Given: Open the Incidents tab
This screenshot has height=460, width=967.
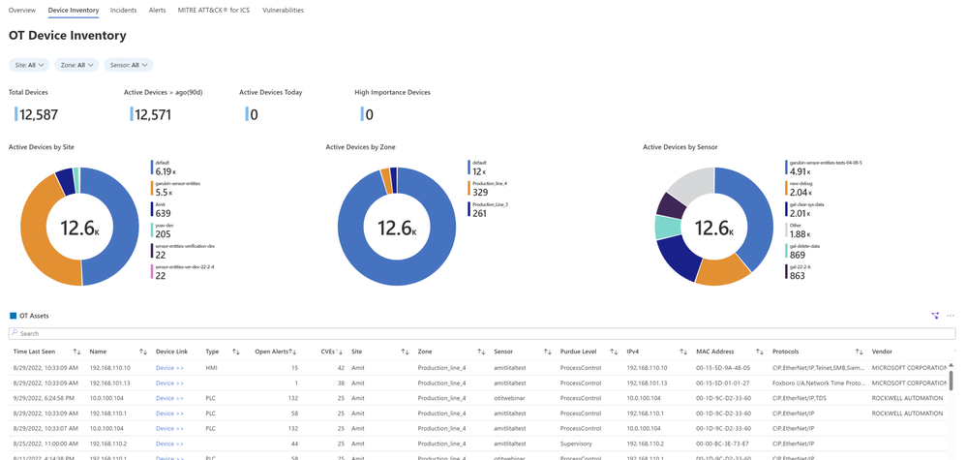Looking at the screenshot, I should (123, 10).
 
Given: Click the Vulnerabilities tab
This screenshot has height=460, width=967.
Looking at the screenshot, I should (283, 10).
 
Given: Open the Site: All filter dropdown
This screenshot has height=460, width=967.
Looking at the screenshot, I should (28, 65).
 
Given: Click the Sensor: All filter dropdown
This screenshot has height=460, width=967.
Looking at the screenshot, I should (130, 65).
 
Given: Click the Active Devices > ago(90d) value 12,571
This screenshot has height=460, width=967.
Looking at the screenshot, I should (154, 115).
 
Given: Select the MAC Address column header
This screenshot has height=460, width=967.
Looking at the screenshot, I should (717, 351).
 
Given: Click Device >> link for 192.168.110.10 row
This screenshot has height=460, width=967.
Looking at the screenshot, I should (169, 368).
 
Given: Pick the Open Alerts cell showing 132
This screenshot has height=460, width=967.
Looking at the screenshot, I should (289, 398).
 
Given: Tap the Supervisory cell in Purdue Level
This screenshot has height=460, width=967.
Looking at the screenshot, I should (578, 443).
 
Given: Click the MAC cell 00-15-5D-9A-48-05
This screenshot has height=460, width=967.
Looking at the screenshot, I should (724, 368).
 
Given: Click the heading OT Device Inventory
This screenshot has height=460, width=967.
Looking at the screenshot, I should (68, 36).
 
